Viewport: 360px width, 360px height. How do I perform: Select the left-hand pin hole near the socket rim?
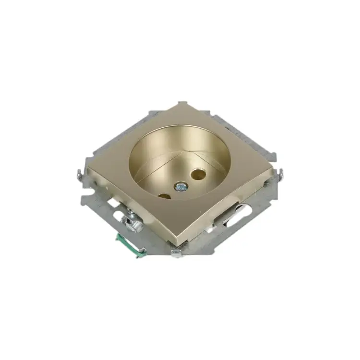click(x=163, y=195)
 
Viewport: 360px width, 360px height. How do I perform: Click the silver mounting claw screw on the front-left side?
click(x=131, y=221)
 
